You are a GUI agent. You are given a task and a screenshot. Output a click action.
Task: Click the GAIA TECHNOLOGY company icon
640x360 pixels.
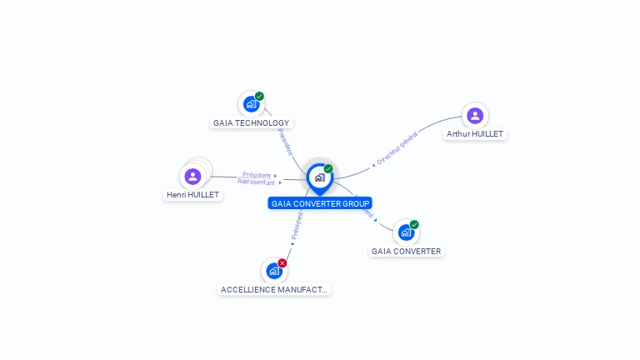coord(250,105)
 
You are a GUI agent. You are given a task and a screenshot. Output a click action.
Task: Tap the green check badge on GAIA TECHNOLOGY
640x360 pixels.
coord(259,97)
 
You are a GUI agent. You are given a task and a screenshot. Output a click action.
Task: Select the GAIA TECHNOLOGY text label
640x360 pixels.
coord(251,123)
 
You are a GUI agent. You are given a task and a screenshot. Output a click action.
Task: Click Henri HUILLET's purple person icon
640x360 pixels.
coord(192,177)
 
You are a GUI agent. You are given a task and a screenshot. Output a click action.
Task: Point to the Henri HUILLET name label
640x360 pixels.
coord(192,195)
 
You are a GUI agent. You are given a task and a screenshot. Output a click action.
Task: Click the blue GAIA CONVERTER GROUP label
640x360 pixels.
coord(320,203)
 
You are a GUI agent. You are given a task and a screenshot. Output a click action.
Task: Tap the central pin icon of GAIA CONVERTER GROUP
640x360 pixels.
coord(319,177)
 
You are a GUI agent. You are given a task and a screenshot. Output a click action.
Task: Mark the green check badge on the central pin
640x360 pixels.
coord(328,169)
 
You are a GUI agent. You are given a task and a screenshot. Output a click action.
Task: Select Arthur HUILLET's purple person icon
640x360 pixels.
coord(475,116)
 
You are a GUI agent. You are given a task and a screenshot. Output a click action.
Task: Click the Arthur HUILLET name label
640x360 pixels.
coord(475,134)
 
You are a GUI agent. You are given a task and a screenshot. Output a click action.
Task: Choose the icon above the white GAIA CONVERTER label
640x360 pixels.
coord(405,232)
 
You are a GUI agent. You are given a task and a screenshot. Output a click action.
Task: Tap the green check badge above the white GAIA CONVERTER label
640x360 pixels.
coord(414,224)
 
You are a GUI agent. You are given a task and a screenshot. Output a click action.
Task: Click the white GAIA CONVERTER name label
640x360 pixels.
coord(406,251)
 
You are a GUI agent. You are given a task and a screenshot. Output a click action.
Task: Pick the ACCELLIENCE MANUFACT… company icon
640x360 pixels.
coord(273,271)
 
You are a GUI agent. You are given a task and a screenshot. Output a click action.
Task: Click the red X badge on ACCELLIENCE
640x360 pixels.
coord(282,262)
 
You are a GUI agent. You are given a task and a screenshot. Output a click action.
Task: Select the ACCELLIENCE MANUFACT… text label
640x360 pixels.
coord(274,289)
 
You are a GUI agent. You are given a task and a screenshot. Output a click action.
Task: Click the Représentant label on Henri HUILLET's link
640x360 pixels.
coord(257,182)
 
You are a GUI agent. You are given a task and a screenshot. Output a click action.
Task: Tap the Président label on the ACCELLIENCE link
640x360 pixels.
coord(297,227)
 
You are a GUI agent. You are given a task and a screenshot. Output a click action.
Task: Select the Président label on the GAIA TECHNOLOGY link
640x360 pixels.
coord(285,141)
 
